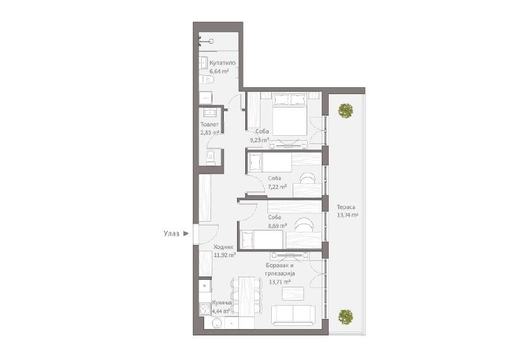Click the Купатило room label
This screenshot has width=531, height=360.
click(x=222, y=63)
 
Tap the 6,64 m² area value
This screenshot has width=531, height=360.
click(x=219, y=71)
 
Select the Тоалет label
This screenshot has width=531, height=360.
click(x=209, y=124)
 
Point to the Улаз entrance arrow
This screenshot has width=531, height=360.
click(x=186, y=234)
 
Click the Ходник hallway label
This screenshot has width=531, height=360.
click(x=223, y=247)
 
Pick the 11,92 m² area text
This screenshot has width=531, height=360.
click(x=224, y=255)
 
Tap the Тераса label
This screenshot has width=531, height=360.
click(x=346, y=207)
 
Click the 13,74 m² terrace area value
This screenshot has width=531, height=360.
click(x=348, y=215)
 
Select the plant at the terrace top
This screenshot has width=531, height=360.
click(x=345, y=111)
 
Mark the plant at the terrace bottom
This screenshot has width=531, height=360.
click(x=345, y=317)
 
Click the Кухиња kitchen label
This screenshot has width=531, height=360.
click(x=221, y=303)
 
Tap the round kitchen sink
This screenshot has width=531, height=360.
click(x=217, y=323)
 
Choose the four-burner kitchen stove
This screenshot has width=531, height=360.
click(x=205, y=309)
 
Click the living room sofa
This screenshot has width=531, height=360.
click(x=293, y=315)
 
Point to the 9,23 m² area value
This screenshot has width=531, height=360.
click(x=259, y=140)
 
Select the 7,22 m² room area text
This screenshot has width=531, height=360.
click(x=278, y=186)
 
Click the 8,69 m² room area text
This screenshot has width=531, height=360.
click(x=278, y=225)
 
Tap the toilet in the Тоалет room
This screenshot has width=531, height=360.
click(x=211, y=157)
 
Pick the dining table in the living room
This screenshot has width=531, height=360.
click(x=247, y=297)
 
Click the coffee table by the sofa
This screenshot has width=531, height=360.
click(x=293, y=293)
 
